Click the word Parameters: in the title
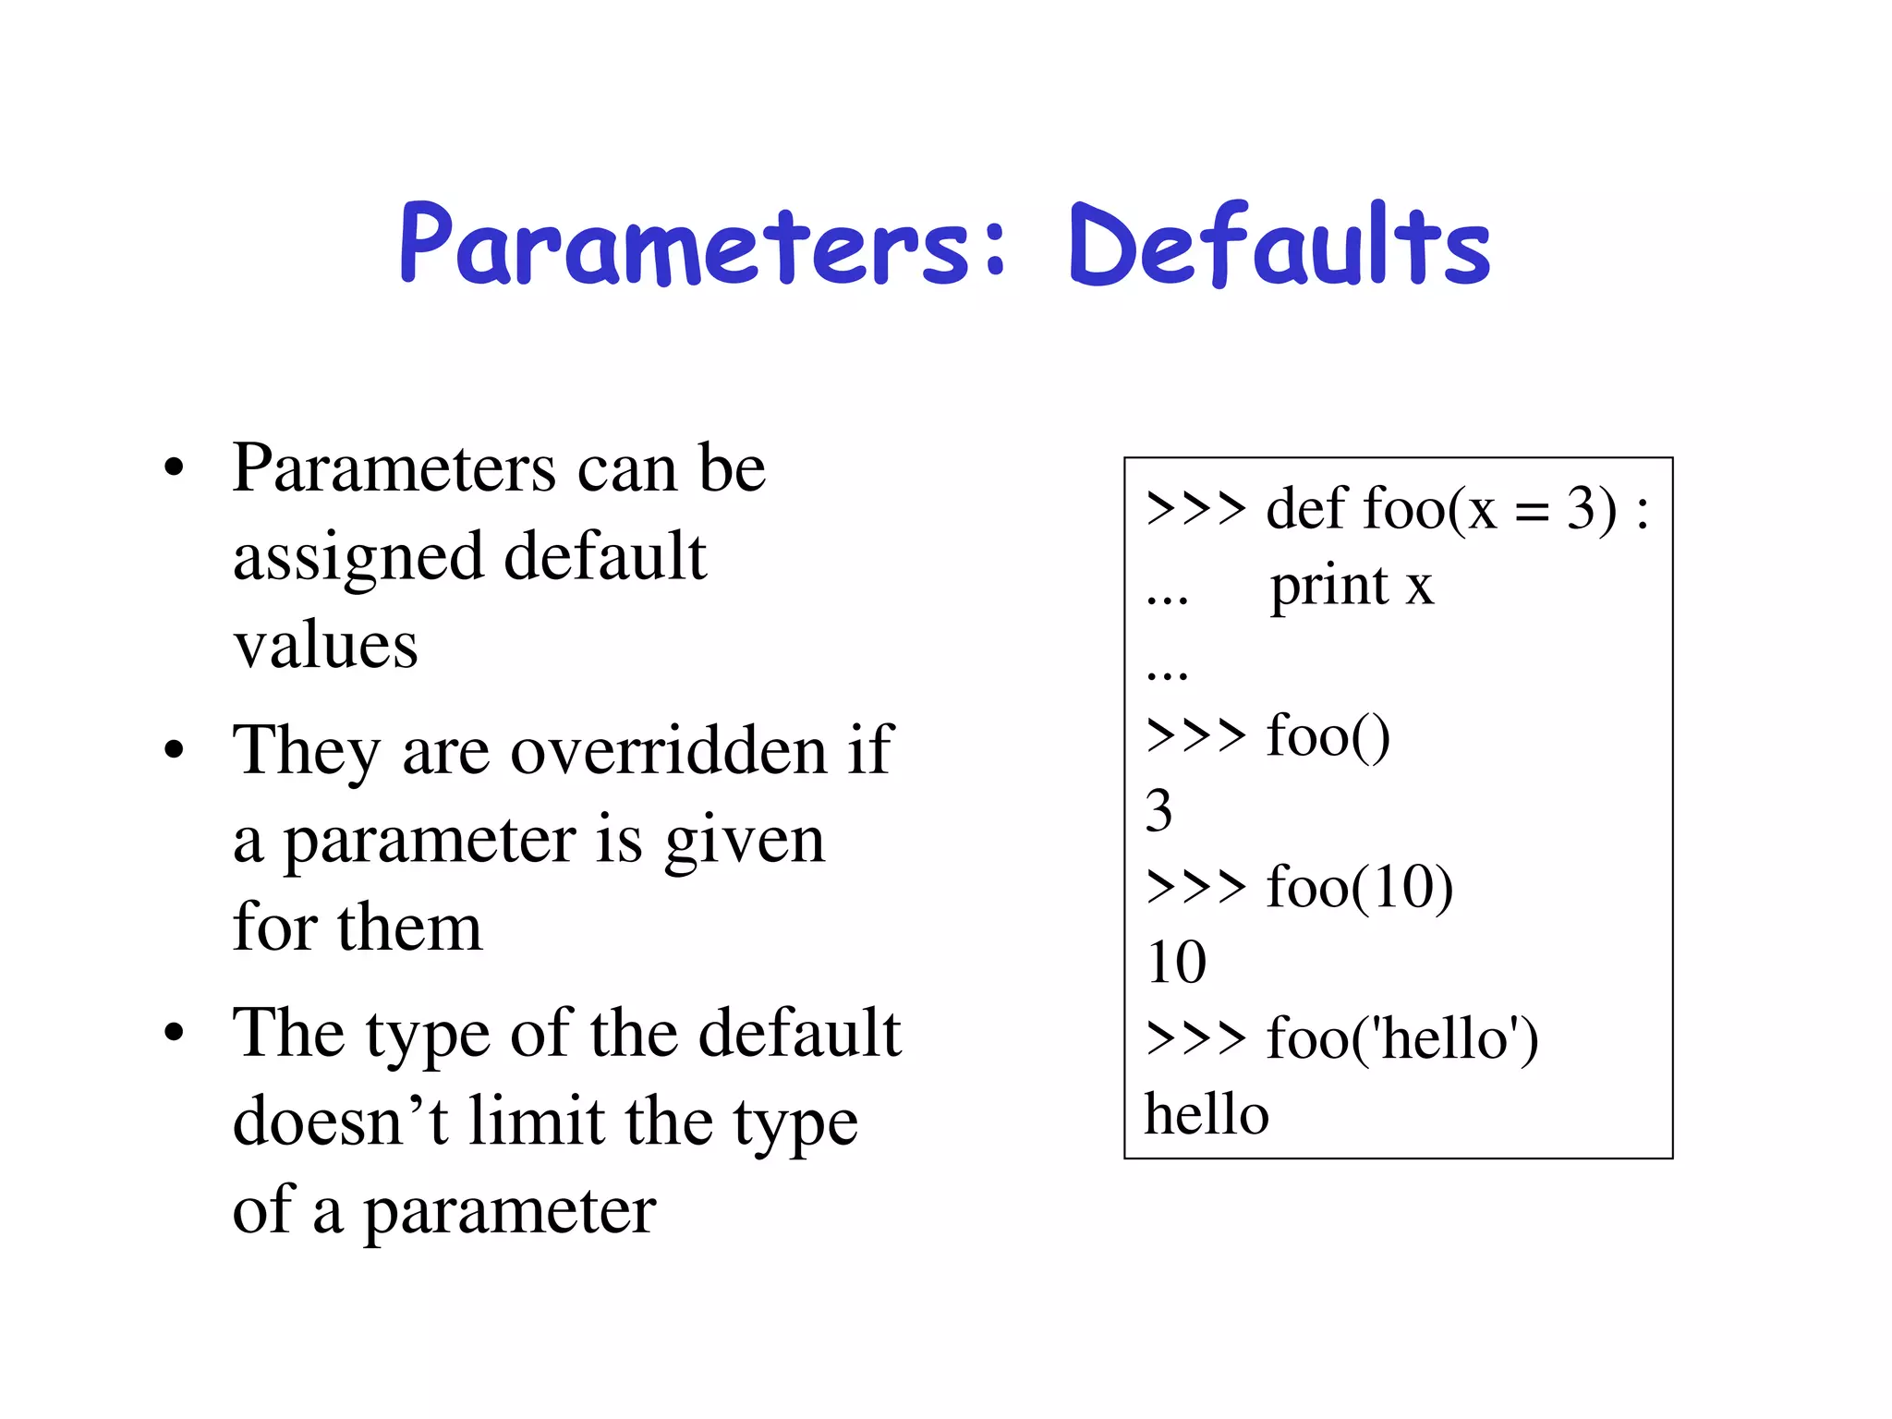pyautogui.click(x=702, y=245)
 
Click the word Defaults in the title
pyautogui.click(x=1279, y=245)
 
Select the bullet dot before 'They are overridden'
pyautogui.click(x=174, y=750)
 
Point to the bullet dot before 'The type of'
pyautogui.click(x=174, y=1033)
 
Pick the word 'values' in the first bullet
pyautogui.click(x=325, y=645)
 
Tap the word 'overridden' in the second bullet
pyautogui.click(x=669, y=749)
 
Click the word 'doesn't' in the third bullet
pyautogui.click(x=340, y=1122)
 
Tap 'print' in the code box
pyautogui.click(x=1329, y=586)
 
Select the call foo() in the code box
pyautogui.click(x=1328, y=736)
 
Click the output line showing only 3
pyautogui.click(x=1159, y=811)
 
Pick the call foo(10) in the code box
pyautogui.click(x=1359, y=887)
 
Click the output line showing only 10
pyautogui.click(x=1176, y=963)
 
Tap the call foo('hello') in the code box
pyautogui.click(x=1401, y=1038)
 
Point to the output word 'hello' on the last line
pyautogui.click(x=1207, y=1114)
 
